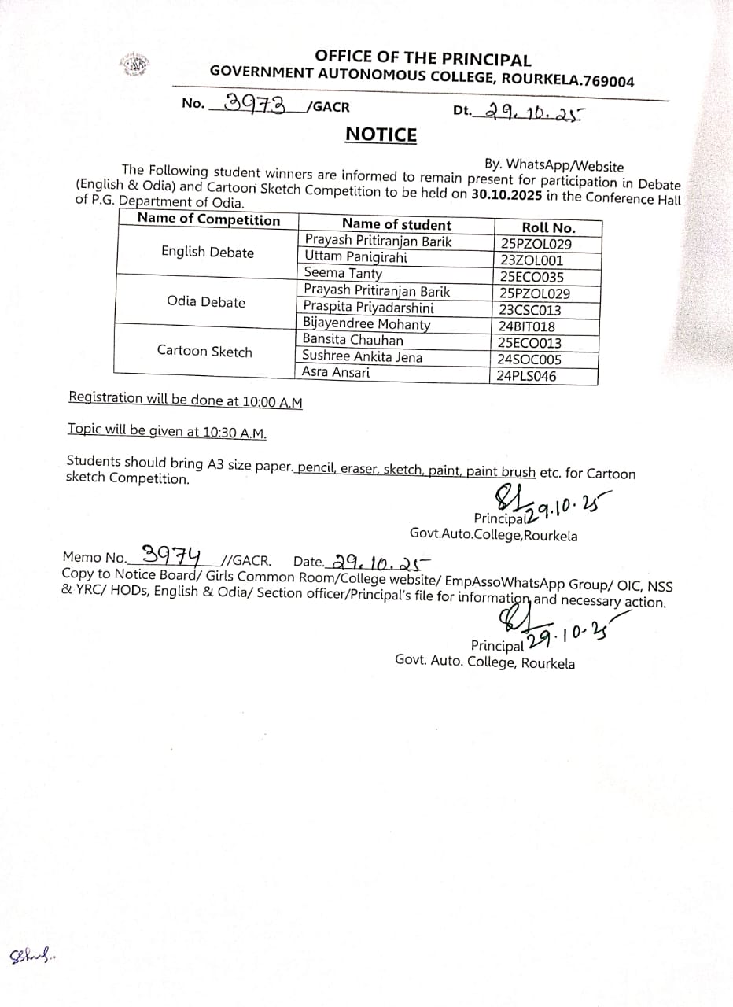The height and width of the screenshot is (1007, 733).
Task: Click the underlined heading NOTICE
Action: [x=381, y=135]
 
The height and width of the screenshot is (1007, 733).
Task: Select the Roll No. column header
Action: [x=548, y=227]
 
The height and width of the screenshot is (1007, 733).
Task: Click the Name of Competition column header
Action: [x=208, y=220]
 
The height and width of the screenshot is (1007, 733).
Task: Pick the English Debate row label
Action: [x=208, y=253]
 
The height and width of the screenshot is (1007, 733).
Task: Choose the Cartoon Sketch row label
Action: [x=204, y=351]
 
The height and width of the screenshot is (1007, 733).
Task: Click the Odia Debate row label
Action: [x=206, y=302]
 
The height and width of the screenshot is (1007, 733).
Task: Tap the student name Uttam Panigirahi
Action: [x=355, y=257]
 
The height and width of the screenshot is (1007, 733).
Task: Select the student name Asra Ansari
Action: [x=336, y=372]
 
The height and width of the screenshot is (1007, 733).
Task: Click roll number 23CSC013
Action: [x=530, y=310]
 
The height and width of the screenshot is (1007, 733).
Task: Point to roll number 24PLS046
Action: [x=527, y=376]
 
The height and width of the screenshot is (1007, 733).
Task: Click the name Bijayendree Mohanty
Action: [x=366, y=323]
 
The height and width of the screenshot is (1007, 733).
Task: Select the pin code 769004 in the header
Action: [x=607, y=80]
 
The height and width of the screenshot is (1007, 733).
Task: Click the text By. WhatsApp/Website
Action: [x=554, y=165]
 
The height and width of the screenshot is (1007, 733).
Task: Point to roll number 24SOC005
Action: [x=529, y=360]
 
